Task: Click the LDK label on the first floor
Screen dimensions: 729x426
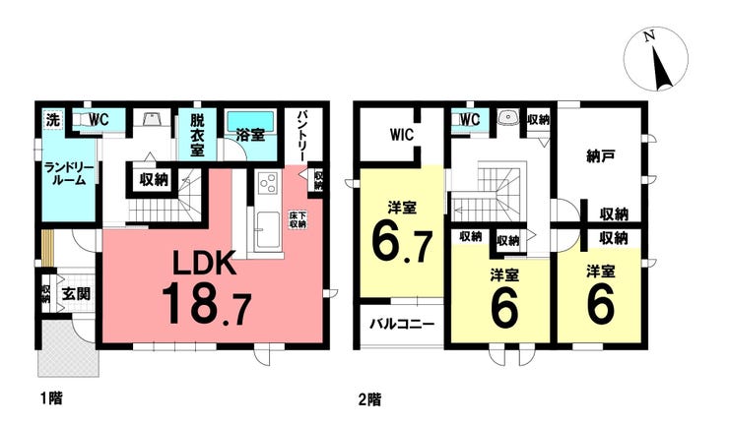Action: [204, 264]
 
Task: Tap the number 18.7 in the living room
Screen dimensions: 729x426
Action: [207, 304]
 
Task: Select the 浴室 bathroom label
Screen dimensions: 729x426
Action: [250, 135]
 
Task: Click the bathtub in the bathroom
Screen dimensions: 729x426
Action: [251, 120]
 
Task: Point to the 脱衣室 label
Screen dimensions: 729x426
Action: [197, 135]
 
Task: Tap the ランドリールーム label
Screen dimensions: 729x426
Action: [69, 174]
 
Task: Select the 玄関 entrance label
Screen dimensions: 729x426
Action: [76, 293]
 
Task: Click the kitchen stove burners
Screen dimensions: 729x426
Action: [267, 184]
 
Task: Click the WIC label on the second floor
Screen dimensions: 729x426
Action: [402, 135]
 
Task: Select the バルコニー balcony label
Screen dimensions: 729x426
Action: [402, 324]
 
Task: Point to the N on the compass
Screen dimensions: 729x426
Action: [650, 35]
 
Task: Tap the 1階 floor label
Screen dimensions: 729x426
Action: [50, 398]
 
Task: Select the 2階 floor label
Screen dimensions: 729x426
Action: [370, 399]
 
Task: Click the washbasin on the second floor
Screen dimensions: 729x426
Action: [506, 118]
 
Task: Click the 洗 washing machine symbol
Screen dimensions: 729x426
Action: [53, 120]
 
